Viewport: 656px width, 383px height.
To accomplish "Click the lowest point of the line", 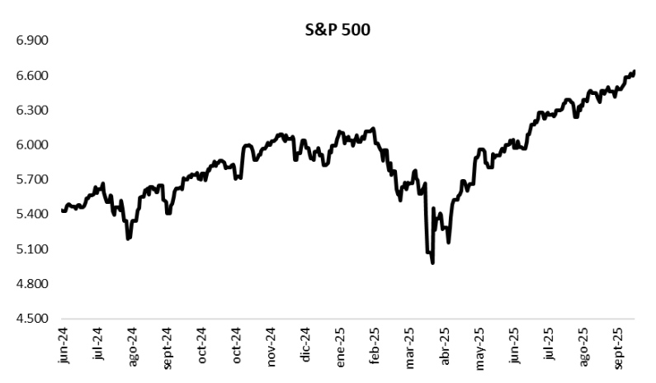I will [433, 263].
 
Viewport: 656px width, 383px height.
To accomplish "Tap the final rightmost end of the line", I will [634, 71].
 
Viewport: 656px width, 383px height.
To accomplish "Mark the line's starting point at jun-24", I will [63, 210].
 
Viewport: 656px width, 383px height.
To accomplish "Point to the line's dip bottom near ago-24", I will [128, 239].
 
